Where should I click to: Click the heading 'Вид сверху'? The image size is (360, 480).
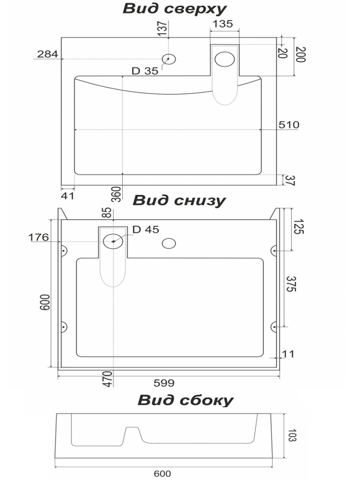click(175, 9)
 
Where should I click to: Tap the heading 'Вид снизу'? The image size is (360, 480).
click(179, 201)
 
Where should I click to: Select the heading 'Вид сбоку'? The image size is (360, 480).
click(185, 400)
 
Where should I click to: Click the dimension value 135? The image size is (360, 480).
click(223, 24)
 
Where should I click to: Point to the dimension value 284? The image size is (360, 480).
click(47, 54)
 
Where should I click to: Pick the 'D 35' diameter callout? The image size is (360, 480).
click(145, 71)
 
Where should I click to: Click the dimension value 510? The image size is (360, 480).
click(288, 125)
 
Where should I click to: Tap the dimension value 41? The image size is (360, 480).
click(67, 196)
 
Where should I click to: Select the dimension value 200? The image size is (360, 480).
click(301, 54)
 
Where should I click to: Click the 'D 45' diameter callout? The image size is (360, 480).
click(146, 229)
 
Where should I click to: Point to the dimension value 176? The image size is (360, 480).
click(39, 237)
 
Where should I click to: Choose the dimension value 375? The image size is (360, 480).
click(291, 284)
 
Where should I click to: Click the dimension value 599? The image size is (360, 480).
click(164, 383)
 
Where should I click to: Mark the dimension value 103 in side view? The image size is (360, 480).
click(292, 435)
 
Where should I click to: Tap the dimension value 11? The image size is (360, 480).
click(288, 354)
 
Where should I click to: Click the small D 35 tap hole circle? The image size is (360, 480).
click(168, 59)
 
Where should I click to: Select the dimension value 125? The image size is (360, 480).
click(298, 227)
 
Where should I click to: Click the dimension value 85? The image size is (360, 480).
click(107, 212)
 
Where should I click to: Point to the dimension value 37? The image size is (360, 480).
click(290, 180)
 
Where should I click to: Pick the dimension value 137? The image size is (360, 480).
click(163, 28)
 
